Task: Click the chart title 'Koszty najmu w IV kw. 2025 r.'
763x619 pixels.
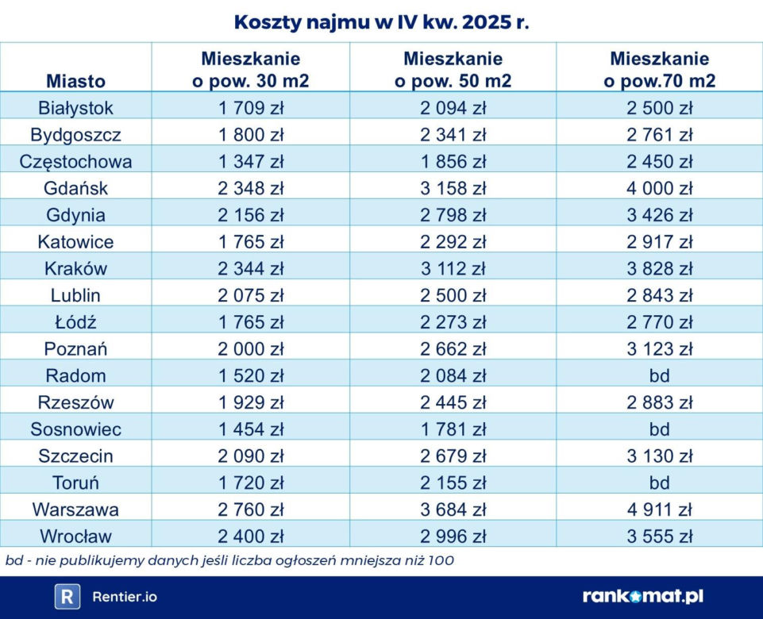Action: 381,22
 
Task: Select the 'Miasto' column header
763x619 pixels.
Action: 76,81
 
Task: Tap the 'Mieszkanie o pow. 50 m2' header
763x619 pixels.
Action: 453,70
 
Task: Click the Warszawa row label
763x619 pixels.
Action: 75,509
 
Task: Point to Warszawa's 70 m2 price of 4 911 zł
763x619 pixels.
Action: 659,509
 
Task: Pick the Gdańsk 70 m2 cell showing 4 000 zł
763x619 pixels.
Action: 659,188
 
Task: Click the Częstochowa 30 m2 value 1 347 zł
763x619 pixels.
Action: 251,161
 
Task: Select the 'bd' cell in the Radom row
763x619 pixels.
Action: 659,375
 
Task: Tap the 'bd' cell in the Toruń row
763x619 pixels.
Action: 659,483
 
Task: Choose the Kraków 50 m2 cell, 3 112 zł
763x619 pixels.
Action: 453,268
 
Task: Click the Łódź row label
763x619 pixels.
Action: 75,321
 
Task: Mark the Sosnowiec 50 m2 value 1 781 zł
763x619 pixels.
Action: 453,429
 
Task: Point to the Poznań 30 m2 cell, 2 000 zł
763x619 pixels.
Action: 251,348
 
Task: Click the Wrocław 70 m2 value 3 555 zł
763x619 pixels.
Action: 659,536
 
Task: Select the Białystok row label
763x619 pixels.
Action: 75,108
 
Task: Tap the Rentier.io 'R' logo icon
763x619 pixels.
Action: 67,597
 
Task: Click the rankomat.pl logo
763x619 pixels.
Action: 643,596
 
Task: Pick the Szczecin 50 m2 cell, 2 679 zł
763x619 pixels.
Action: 453,456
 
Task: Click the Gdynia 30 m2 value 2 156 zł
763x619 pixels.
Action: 251,215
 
